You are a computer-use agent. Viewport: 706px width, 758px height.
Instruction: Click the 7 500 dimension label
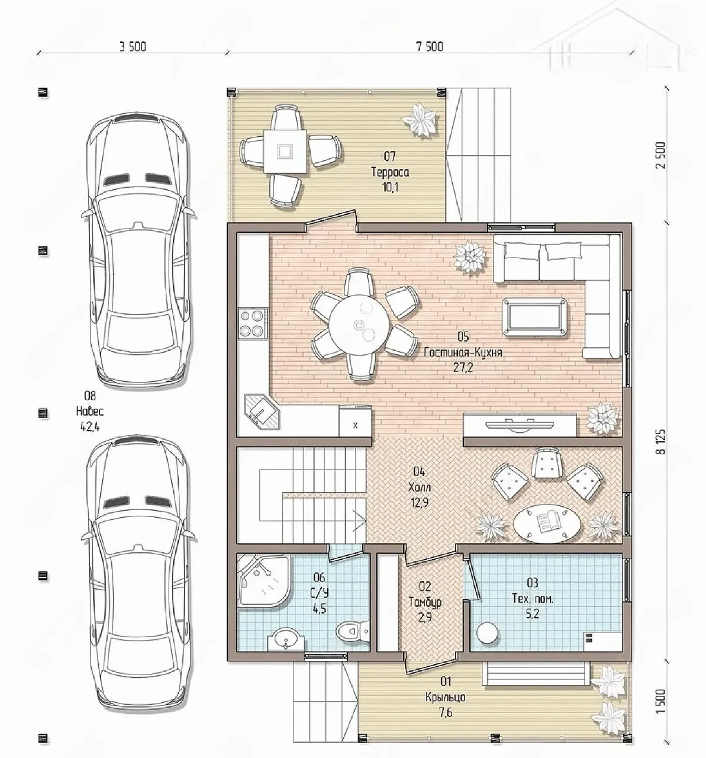point(430,47)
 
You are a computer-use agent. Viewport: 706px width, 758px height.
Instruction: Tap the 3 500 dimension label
point(133,47)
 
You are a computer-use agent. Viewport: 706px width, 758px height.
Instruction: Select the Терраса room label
point(390,172)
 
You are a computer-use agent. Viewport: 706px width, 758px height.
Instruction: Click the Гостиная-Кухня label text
point(463,352)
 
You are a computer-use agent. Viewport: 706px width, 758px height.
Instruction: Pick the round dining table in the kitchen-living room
point(359,325)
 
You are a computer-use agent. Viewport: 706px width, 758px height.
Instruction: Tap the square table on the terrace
point(285,151)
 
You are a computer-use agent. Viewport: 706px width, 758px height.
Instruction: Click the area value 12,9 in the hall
point(419,503)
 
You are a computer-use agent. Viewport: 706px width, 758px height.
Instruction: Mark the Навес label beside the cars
point(90,412)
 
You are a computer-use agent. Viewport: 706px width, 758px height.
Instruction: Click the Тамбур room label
point(425,602)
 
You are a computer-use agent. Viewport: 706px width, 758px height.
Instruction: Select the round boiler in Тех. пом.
point(488,634)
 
